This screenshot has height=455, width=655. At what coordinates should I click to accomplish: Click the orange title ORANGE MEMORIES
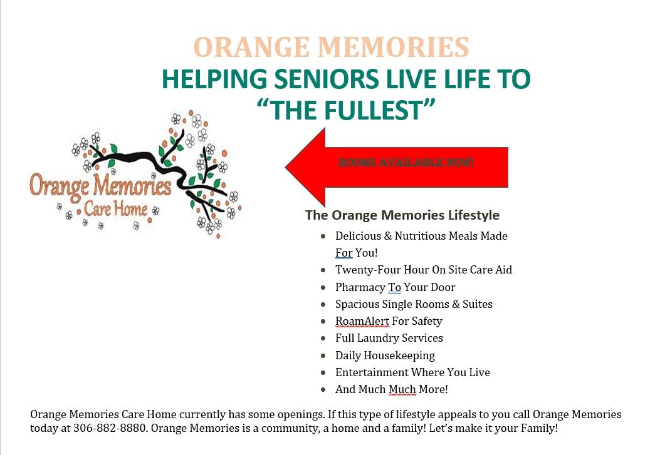pyautogui.click(x=331, y=47)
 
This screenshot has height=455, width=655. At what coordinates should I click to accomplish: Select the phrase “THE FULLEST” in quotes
pyautogui.click(x=346, y=110)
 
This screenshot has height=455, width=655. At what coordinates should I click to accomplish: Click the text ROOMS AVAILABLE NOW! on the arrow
pyautogui.click(x=406, y=162)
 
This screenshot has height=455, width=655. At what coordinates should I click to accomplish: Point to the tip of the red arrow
pyautogui.click(x=286, y=167)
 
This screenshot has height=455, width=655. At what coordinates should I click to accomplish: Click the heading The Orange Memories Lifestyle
pyautogui.click(x=402, y=215)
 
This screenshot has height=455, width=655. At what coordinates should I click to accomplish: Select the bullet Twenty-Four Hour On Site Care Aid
pyautogui.click(x=424, y=270)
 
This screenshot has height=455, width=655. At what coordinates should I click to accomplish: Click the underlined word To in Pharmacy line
pyautogui.click(x=394, y=287)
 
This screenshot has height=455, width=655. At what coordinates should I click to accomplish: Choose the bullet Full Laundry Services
pyautogui.click(x=389, y=338)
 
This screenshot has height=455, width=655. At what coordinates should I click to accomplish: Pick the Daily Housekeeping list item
pyautogui.click(x=385, y=355)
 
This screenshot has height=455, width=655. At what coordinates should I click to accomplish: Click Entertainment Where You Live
pyautogui.click(x=412, y=372)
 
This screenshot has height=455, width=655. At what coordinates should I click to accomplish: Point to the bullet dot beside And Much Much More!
pyautogui.click(x=323, y=389)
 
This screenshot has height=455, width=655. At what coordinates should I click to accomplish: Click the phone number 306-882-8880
pyautogui.click(x=110, y=428)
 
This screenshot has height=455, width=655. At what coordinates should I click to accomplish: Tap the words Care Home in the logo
pyautogui.click(x=116, y=208)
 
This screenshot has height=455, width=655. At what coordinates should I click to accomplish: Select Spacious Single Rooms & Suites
pyautogui.click(x=414, y=304)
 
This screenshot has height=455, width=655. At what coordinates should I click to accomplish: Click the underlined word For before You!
pyautogui.click(x=343, y=253)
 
